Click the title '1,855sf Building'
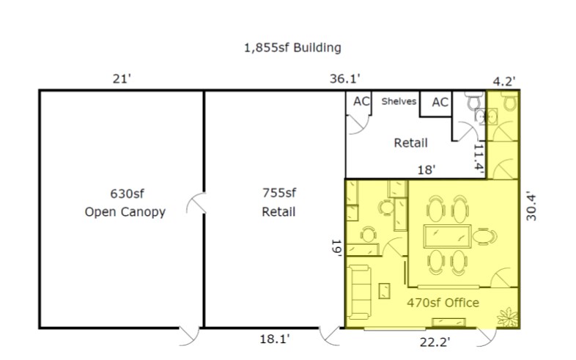292,48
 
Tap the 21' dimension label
122,79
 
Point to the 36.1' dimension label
344,78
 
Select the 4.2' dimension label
504,81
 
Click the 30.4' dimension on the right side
531,206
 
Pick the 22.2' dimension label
435,342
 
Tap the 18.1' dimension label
275,339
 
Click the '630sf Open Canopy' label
125,203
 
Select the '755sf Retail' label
278,202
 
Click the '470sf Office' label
443,303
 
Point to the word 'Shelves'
399,101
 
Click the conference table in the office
447,237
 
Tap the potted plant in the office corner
507,317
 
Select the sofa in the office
359,292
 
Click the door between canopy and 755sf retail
196,203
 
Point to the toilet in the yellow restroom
509,101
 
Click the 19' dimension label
337,248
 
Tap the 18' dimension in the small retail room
427,170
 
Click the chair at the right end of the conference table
484,237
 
